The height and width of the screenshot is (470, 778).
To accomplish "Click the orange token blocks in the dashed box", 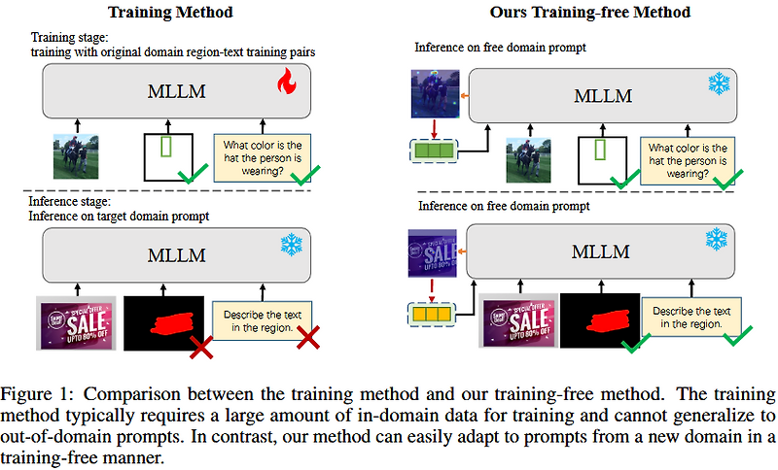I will pos(433,315).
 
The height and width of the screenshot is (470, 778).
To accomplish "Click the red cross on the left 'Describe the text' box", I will pos(308,339).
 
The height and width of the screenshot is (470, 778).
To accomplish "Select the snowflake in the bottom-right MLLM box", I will pos(717,237).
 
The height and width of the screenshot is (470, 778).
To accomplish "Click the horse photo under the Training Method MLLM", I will pos(76,154).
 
